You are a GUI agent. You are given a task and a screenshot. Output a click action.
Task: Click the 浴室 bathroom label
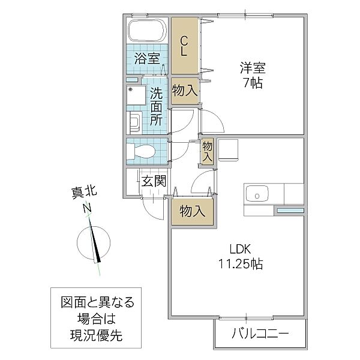coord(147,59)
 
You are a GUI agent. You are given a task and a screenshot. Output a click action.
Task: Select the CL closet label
coord(185,46)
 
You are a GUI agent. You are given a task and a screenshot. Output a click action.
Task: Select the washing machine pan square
coord(136,96)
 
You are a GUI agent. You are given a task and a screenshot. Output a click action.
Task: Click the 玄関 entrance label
coord(154,181)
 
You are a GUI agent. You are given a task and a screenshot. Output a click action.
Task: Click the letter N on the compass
coord(87,208)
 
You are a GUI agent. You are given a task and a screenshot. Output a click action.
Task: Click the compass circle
coord(95,242)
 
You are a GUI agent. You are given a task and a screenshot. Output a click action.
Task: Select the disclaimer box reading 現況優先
coord(92,319)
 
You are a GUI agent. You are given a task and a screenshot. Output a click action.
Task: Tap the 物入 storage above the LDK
coord(192,211)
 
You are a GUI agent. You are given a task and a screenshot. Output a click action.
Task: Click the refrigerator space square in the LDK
coord(229,149)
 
